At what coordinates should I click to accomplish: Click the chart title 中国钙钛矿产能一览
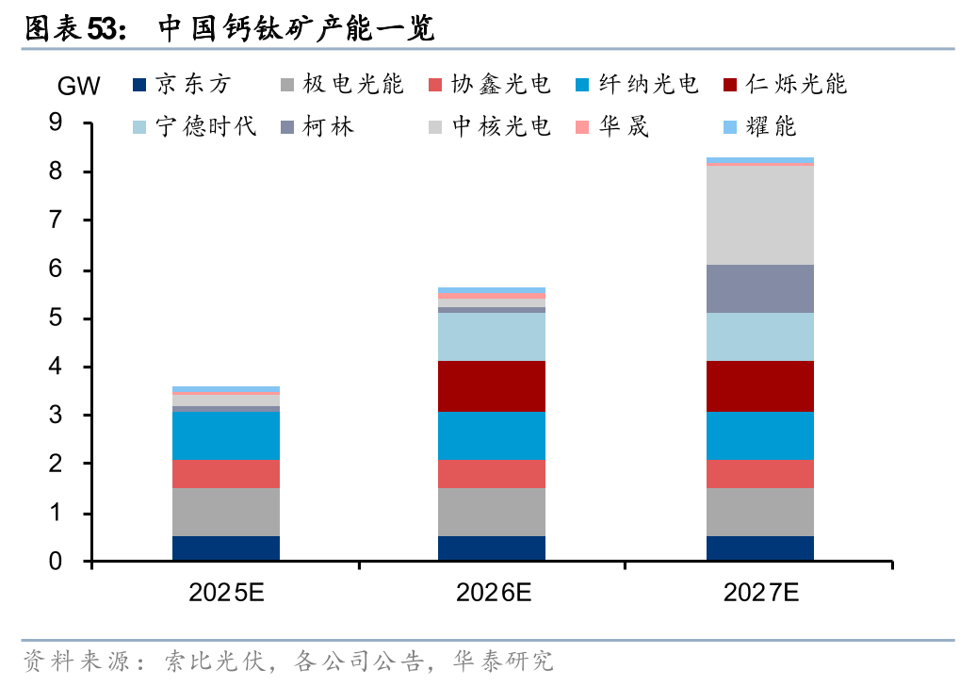(x=295, y=29)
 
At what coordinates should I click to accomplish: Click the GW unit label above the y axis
(x=79, y=88)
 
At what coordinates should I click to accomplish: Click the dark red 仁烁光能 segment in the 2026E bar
(x=492, y=386)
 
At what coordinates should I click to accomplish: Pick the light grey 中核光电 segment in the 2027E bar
(x=760, y=215)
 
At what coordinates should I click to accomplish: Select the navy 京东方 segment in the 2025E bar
(x=226, y=548)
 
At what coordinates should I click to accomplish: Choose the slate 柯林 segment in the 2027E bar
(x=760, y=288)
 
